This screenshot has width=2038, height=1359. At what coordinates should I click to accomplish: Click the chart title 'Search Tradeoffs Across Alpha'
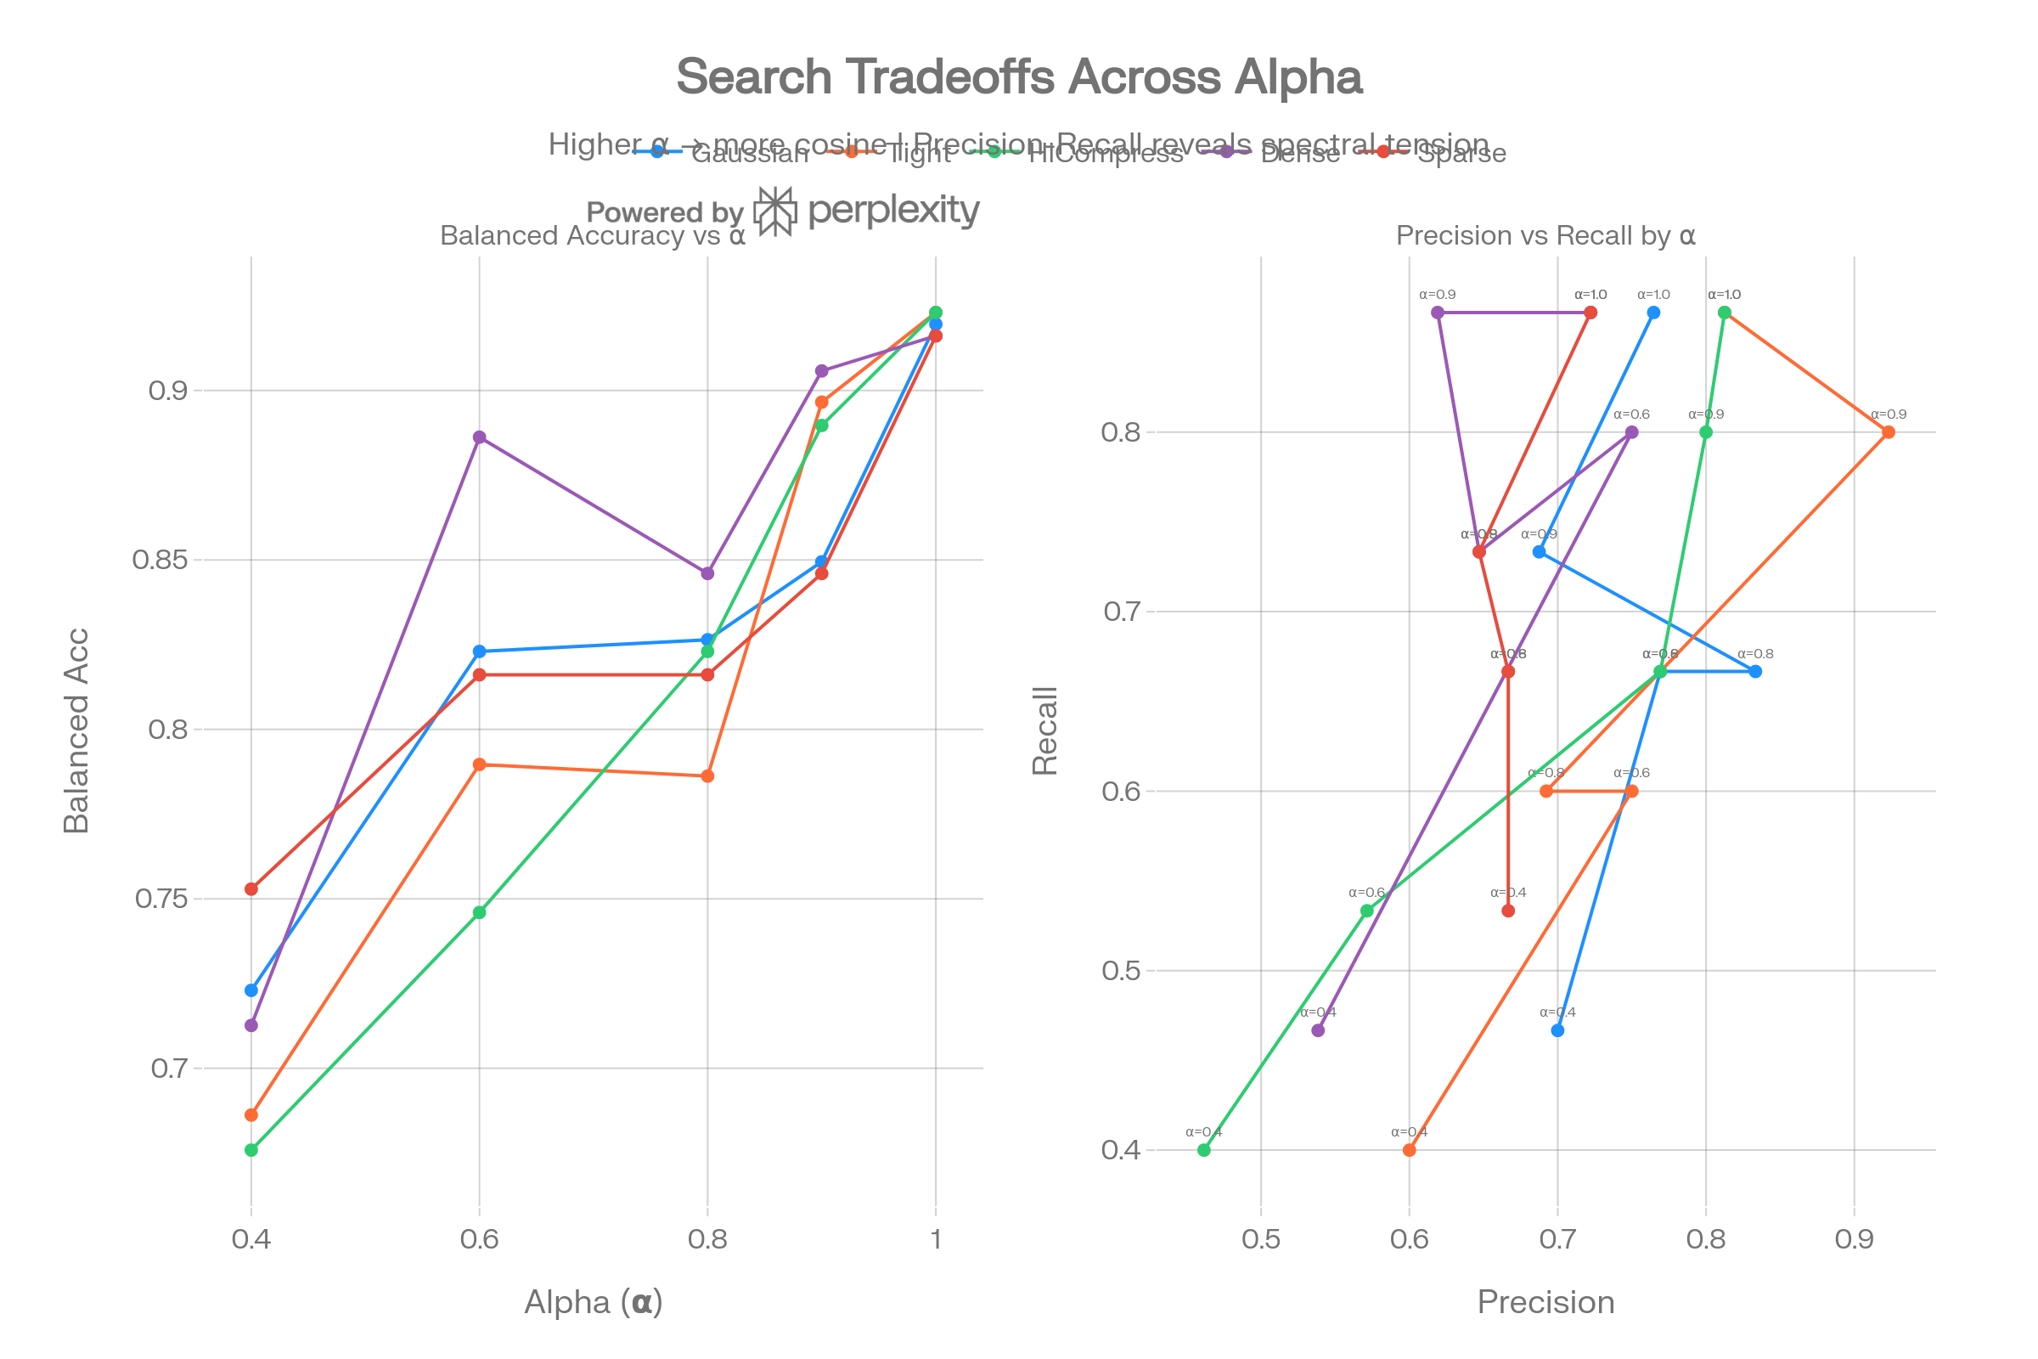tap(1019, 76)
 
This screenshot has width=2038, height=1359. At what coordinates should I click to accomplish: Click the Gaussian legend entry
tap(749, 154)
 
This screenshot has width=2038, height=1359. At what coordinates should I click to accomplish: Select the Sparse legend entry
tap(1461, 154)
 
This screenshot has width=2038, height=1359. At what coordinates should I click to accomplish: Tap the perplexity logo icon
tap(774, 211)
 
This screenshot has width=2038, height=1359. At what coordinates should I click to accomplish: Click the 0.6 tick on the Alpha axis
tap(479, 1238)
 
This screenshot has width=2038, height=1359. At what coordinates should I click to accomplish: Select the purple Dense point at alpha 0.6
tap(479, 437)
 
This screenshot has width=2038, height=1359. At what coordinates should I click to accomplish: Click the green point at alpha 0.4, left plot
tap(251, 1150)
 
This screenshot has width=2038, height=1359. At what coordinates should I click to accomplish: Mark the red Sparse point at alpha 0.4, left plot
tap(251, 889)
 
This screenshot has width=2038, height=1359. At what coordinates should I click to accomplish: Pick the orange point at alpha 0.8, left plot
tap(708, 776)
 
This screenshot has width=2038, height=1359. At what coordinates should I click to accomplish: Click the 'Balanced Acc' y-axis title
tap(76, 730)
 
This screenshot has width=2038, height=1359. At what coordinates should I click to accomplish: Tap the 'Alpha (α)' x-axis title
tap(594, 1303)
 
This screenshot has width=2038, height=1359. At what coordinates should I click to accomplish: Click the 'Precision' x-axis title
tap(1545, 1303)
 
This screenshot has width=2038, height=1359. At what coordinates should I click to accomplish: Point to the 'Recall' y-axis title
tap(1045, 730)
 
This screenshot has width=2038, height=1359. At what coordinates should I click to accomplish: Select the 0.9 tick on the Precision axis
tap(1854, 1238)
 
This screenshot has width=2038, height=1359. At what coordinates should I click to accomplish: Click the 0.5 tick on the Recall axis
tap(1121, 971)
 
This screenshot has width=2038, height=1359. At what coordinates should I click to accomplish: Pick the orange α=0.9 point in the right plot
tap(1888, 432)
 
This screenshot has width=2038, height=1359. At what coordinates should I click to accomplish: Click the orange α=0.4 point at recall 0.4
tap(1409, 1150)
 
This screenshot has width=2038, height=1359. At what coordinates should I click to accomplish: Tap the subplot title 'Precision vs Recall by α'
tap(1545, 236)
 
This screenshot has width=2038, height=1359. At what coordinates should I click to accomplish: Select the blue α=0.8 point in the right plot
tap(1755, 672)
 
